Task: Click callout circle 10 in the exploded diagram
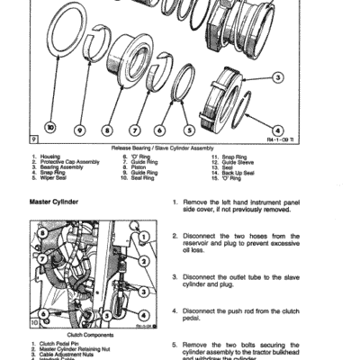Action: [x=49, y=128]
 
